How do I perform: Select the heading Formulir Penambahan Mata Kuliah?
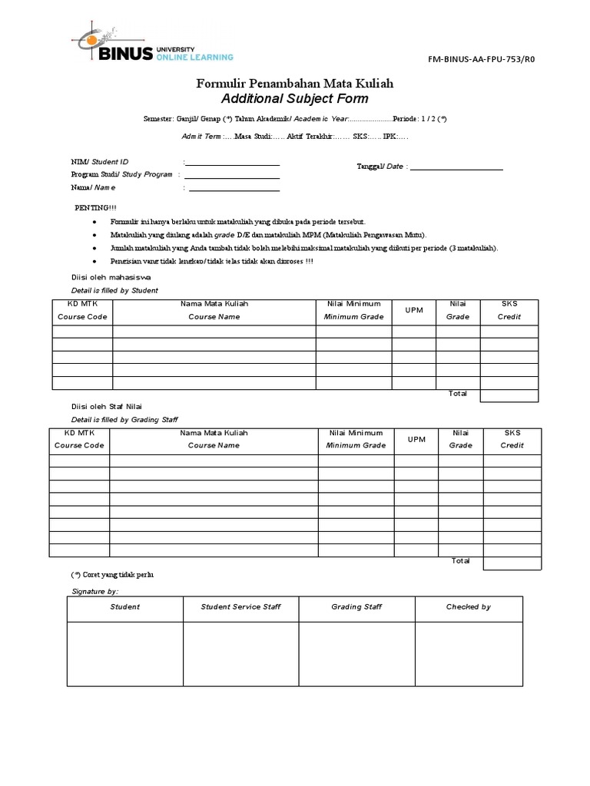295,83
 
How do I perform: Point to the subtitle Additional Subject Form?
295,98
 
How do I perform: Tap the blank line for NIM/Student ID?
233,164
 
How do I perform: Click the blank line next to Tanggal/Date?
457,168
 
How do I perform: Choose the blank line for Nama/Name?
234,190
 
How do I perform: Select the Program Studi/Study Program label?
121,174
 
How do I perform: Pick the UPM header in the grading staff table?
416,439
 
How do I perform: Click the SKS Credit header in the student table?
509,310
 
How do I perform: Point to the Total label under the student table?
458,393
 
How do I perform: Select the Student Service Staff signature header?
240,606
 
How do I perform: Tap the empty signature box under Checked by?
468,652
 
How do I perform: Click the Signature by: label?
95,592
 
